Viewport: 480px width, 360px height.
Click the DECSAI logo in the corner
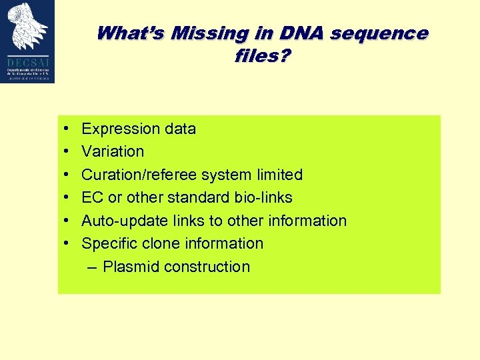pos(28,41)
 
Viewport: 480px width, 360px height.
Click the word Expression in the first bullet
pos(120,129)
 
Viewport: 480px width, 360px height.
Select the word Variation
pos(113,151)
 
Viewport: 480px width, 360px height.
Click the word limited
pos(279,175)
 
